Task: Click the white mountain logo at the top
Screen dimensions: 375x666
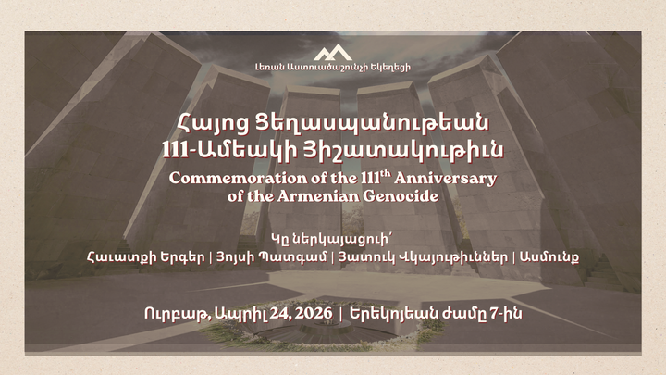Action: (x=333, y=52)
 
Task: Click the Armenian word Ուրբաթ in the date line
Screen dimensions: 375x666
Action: (x=171, y=314)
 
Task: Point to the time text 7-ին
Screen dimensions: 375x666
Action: (x=505, y=314)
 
